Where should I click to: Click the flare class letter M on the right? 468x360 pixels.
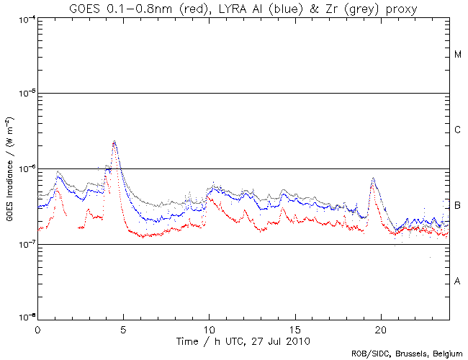coord(458,55)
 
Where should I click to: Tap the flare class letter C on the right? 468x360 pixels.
coord(458,130)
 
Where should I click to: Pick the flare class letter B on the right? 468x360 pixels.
coord(458,206)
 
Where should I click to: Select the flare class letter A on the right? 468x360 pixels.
coord(458,282)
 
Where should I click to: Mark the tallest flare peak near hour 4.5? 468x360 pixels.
coord(114,142)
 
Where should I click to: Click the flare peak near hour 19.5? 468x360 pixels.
coord(373,178)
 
